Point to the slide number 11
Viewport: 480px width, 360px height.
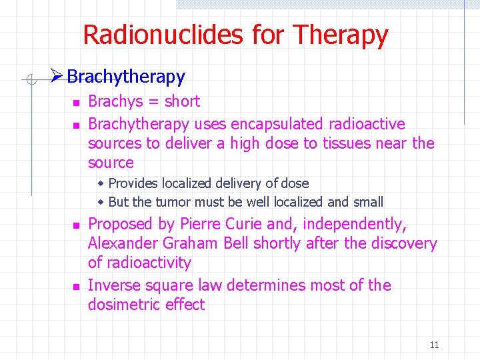[434, 345]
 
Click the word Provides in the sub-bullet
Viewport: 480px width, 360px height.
[134, 183]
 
